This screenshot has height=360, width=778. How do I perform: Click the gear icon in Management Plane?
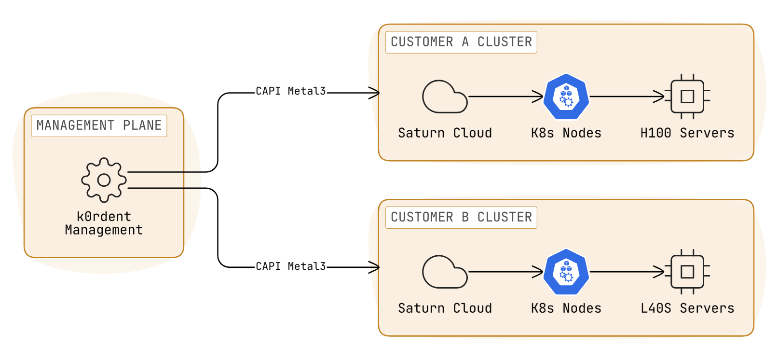coord(104,180)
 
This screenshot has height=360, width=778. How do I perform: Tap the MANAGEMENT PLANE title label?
coord(99,125)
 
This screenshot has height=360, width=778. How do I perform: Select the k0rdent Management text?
coord(104,223)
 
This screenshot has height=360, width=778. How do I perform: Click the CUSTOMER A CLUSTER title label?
coord(461,42)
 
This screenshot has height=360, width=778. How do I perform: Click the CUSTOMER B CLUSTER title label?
coord(461,217)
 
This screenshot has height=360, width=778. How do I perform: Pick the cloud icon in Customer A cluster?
coord(444,97)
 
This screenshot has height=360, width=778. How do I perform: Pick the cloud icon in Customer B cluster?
coord(444,272)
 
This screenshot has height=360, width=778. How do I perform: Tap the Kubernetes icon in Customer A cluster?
coord(566,97)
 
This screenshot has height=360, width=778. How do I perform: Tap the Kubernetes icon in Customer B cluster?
coord(566,272)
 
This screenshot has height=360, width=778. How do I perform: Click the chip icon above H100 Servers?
coord(687,97)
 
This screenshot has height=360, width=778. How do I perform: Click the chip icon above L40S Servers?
coord(687,272)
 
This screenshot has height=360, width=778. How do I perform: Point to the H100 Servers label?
coord(687,133)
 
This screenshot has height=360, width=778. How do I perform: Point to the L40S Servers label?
coord(687,308)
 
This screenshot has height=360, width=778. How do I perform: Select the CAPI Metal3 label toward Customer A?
coord(290,91)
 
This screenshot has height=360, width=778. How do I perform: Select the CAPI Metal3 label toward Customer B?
coord(290,266)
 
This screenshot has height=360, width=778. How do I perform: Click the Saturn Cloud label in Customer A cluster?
coord(445,133)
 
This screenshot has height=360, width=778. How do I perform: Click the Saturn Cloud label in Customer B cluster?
coord(445,308)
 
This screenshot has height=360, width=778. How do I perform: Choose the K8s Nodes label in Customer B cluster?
coord(566,308)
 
